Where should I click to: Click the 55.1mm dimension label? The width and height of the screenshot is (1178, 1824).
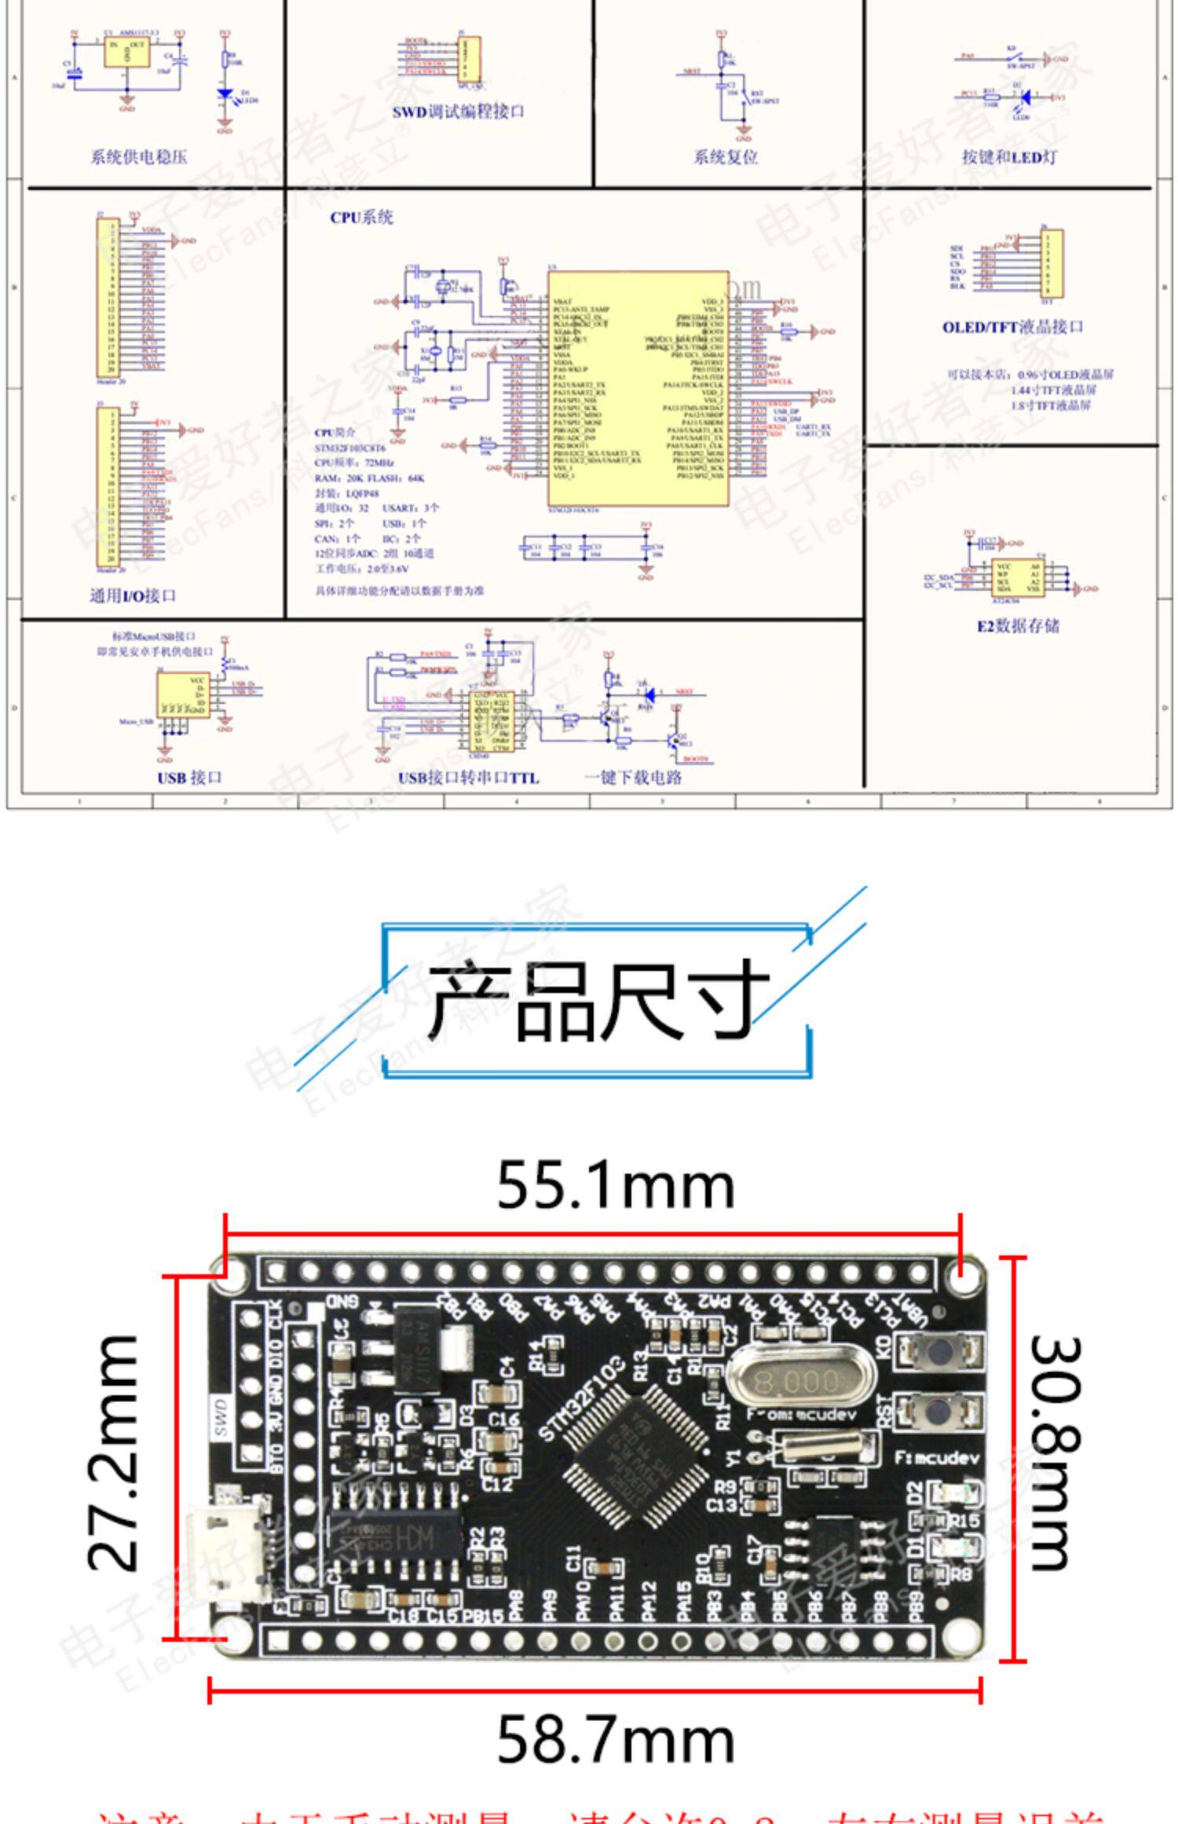pyautogui.click(x=616, y=1186)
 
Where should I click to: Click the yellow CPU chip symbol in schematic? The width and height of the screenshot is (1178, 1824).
pyautogui.click(x=638, y=389)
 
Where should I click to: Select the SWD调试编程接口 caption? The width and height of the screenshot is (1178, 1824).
pyautogui.click(x=459, y=112)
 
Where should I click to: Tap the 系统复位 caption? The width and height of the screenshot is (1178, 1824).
pyautogui.click(x=726, y=157)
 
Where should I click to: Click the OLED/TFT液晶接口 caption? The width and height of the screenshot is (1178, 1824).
pyautogui.click(x=1013, y=327)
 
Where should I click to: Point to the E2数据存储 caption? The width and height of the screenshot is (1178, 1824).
pyautogui.click(x=1018, y=626)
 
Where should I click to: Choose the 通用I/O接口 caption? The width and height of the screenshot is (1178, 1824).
pyautogui.click(x=133, y=595)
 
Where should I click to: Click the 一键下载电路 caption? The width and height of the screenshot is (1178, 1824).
pyautogui.click(x=633, y=778)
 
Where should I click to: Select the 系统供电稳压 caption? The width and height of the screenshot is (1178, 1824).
pyautogui.click(x=139, y=157)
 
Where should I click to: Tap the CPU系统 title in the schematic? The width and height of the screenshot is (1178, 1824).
pyautogui.click(x=361, y=218)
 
